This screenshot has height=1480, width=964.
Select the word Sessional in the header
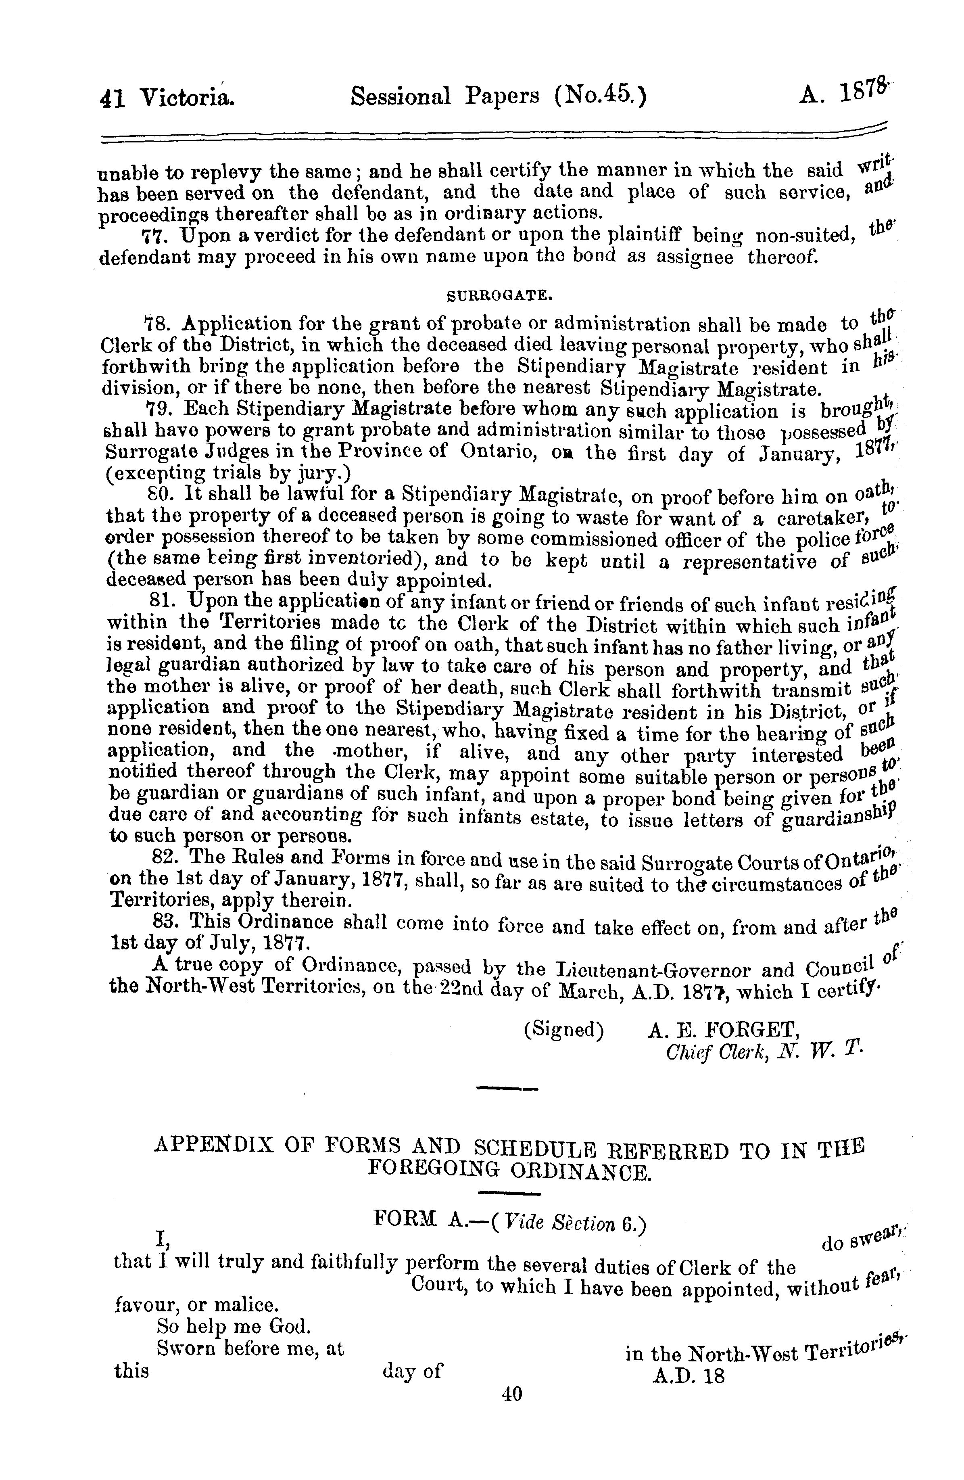click(x=404, y=96)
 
